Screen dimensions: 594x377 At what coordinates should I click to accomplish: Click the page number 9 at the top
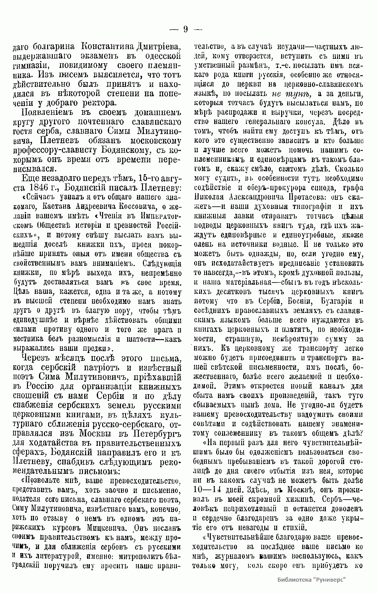point(185,30)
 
